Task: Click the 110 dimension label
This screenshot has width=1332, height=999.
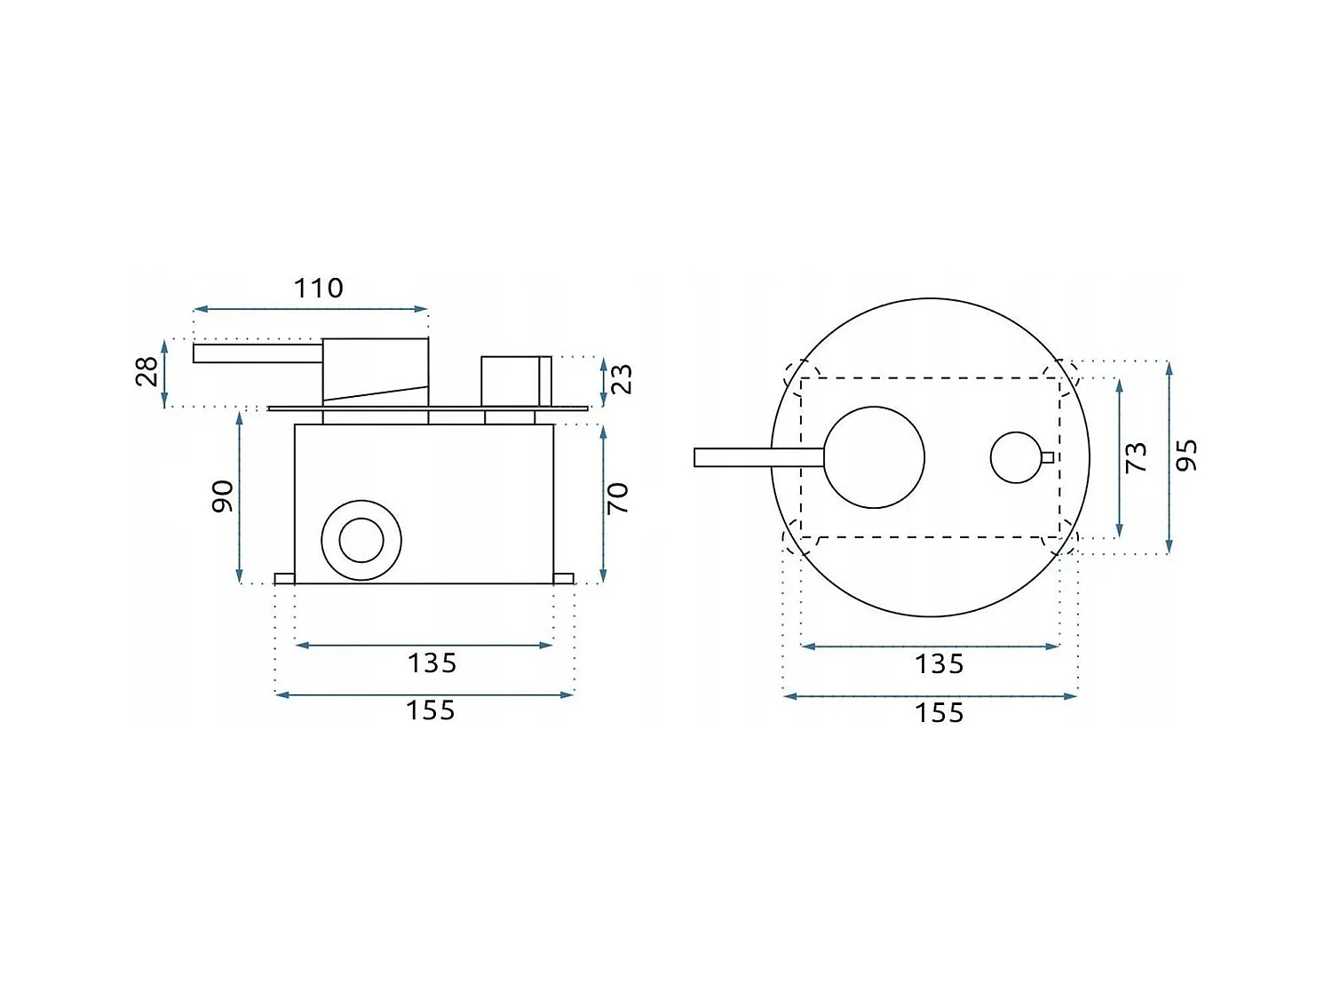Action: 319,288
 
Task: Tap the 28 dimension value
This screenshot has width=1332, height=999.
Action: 147,371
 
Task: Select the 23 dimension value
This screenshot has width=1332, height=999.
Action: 622,379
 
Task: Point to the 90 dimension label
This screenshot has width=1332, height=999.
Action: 223,496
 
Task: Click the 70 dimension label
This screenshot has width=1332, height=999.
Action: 618,498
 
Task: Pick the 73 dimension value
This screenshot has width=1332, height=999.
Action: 1136,458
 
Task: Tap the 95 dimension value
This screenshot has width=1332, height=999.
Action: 1186,455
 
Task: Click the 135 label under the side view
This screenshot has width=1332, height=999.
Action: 432,663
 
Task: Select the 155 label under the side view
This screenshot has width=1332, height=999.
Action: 431,711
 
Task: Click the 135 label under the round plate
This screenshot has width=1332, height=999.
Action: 939,665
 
